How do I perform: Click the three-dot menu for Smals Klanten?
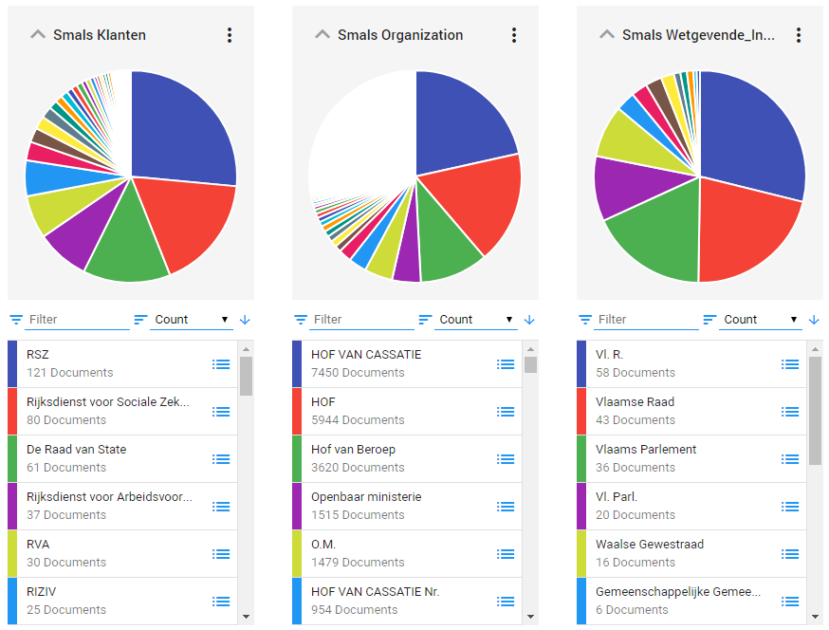pyautogui.click(x=229, y=35)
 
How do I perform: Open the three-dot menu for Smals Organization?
pyautogui.click(x=513, y=35)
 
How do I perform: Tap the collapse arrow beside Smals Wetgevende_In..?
pyautogui.click(x=607, y=35)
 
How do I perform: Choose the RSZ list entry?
pyautogui.click(x=104, y=363)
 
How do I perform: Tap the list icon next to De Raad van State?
pyautogui.click(x=221, y=459)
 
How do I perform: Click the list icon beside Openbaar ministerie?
pyautogui.click(x=506, y=507)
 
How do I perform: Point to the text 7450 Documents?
pyautogui.click(x=358, y=373)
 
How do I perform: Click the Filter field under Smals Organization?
pyautogui.click(x=360, y=320)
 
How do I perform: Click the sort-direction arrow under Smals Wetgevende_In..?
pyautogui.click(x=814, y=320)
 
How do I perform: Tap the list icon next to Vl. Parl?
pyautogui.click(x=790, y=507)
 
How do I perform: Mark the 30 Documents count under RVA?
pyautogui.click(x=66, y=563)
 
